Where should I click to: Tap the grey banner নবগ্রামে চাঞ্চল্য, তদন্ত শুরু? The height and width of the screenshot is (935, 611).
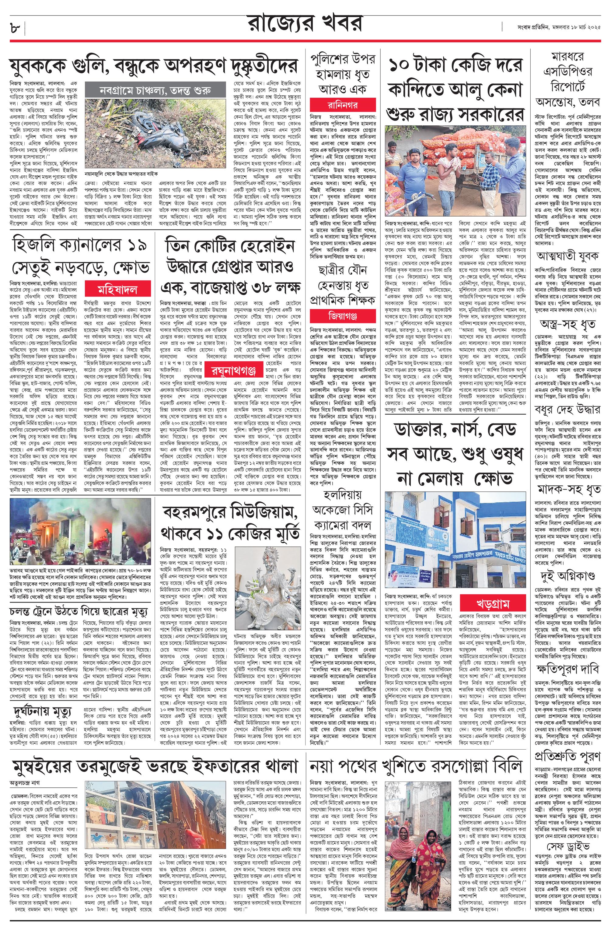155,90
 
